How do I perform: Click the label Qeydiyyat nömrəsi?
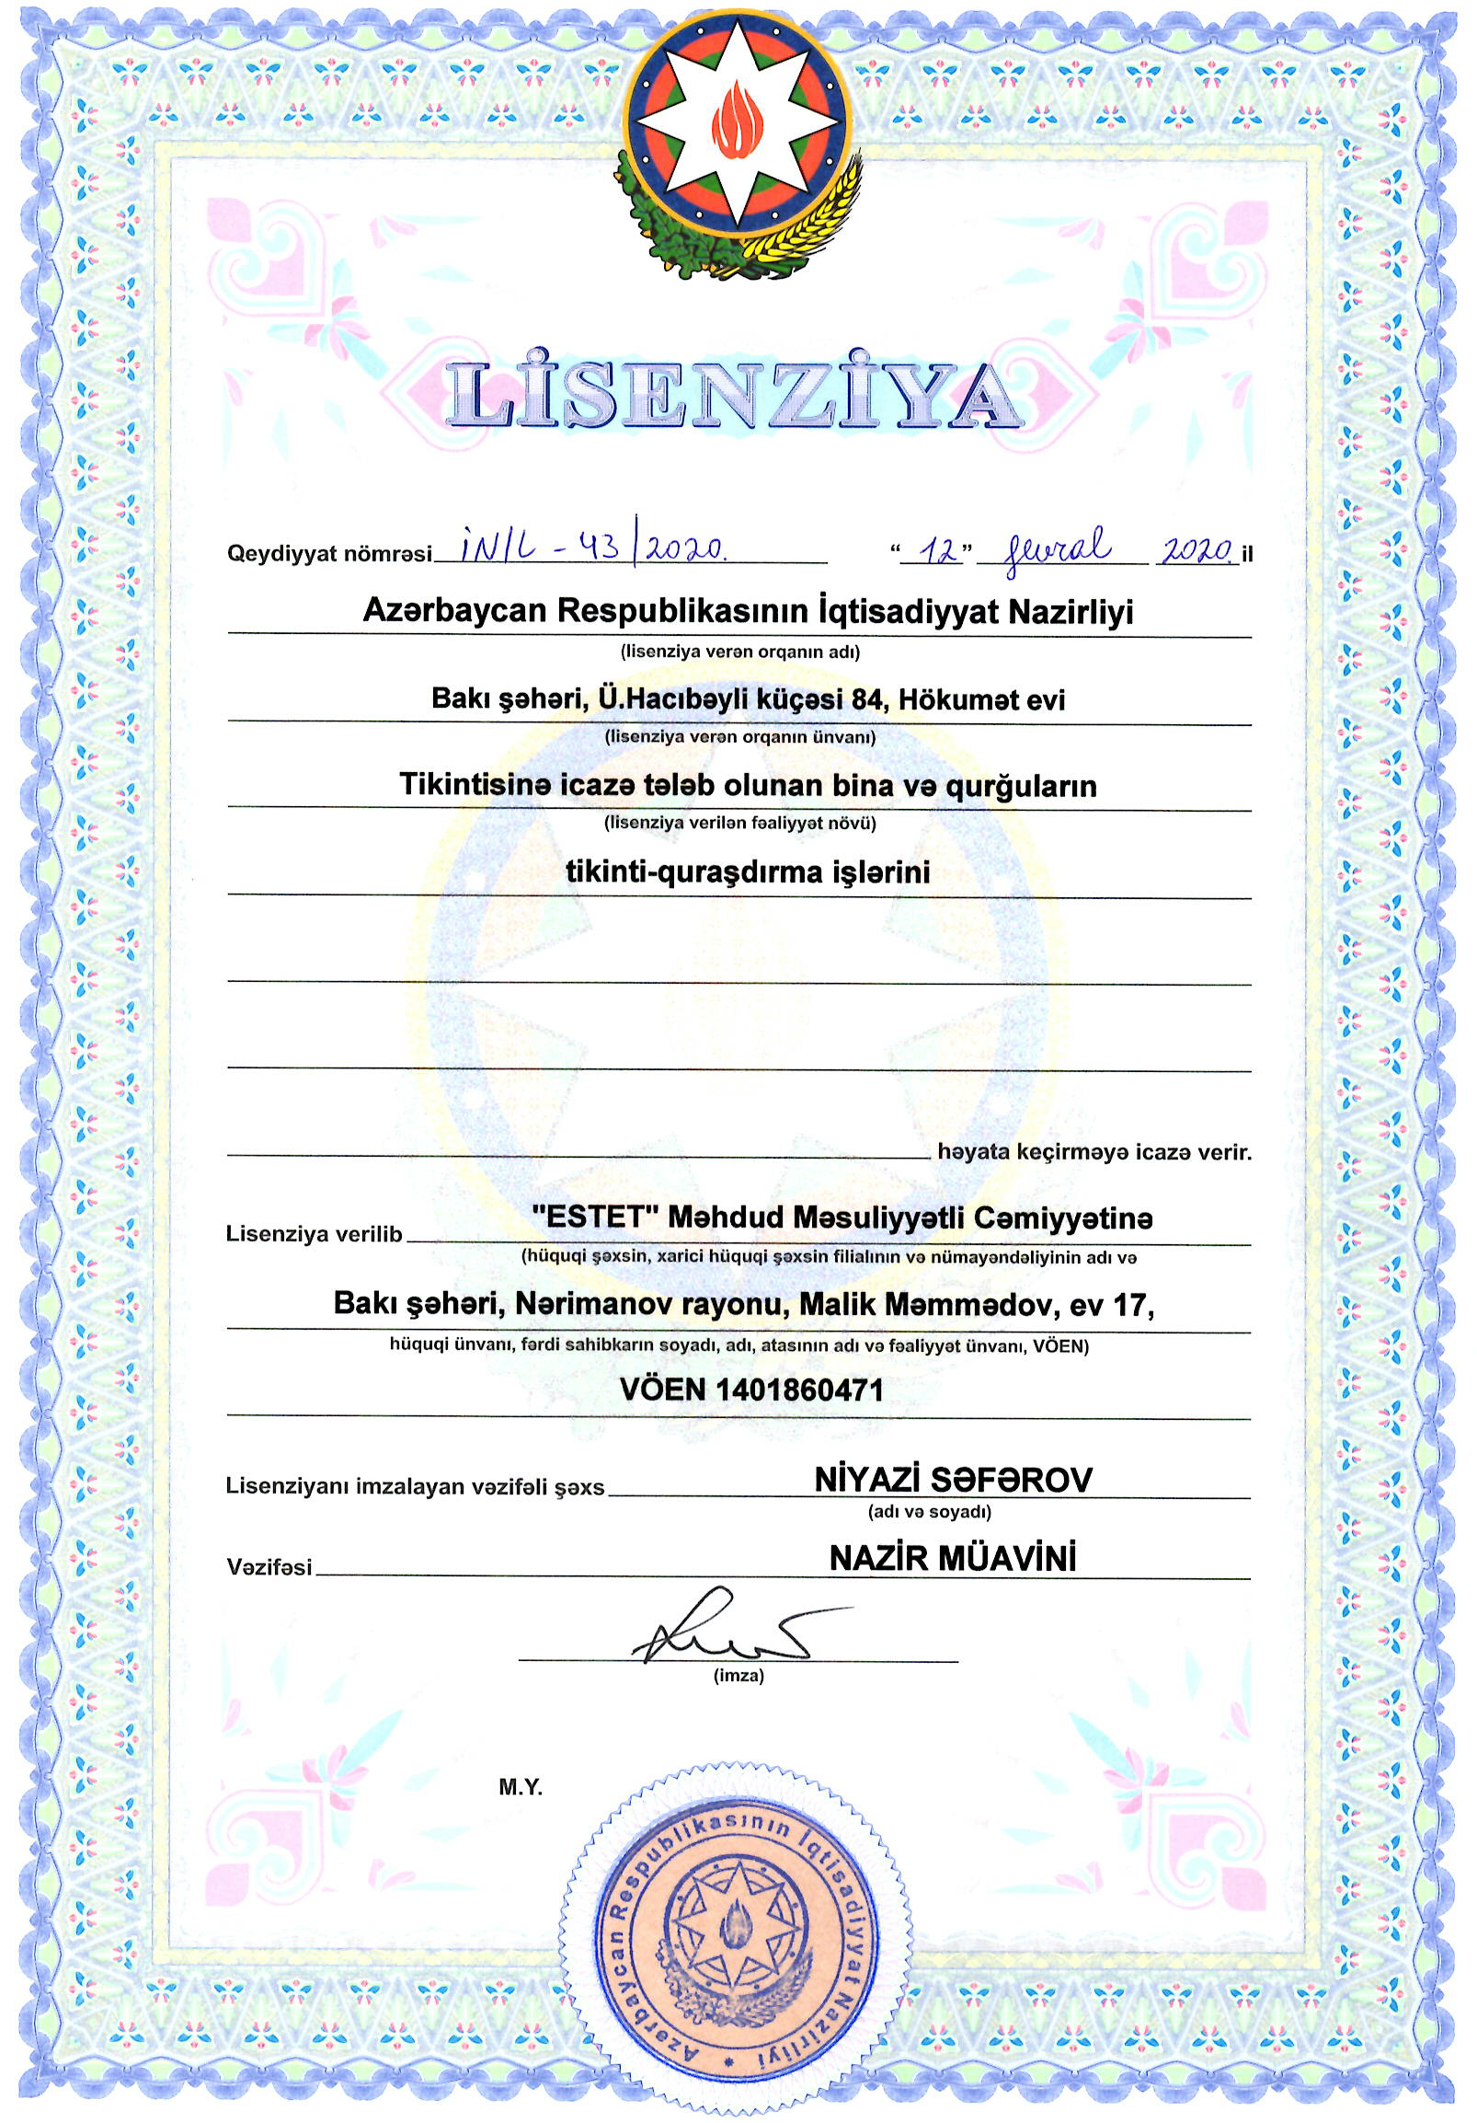coord(329,555)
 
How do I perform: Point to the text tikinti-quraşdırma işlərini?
coord(747,872)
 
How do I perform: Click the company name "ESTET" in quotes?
coord(588,1217)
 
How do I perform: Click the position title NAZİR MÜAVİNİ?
coord(953,1560)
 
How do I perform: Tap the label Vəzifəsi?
coord(269,1568)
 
